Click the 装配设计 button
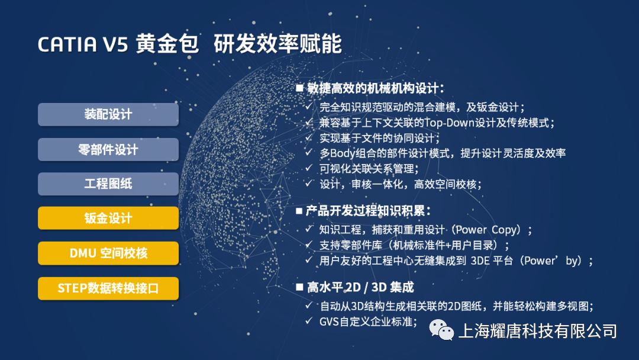(x=108, y=114)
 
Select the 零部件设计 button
(x=108, y=149)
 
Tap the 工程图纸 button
(x=108, y=184)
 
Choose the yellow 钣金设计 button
(x=108, y=218)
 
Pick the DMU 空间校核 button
(x=108, y=253)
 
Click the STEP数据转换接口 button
(x=108, y=288)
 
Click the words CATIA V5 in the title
(x=83, y=44)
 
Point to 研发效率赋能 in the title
(x=277, y=44)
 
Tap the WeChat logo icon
(x=441, y=329)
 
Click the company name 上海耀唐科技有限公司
(x=538, y=330)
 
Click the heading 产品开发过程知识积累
(x=367, y=210)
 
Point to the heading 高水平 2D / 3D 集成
(x=360, y=287)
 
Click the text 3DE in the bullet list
(x=480, y=261)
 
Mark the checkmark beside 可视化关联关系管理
(x=309, y=168)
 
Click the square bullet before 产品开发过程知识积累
(x=299, y=211)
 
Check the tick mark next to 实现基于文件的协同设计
(x=309, y=137)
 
